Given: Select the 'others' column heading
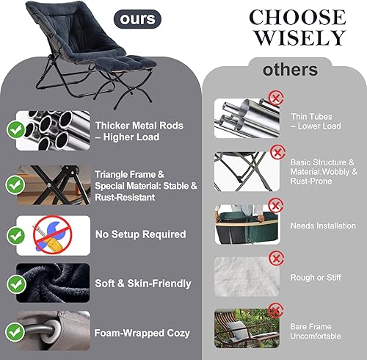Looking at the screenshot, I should (x=291, y=70).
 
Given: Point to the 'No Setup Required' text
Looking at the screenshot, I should (x=140, y=234).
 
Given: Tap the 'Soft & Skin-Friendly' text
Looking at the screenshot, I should (x=143, y=284).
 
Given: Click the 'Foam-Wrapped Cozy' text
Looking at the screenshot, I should (x=142, y=333).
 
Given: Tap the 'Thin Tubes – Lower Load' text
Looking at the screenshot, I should (x=316, y=120).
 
